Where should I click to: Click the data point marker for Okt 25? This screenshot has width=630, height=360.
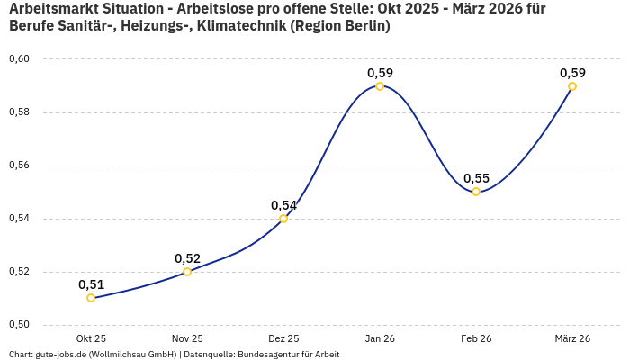click(x=91, y=298)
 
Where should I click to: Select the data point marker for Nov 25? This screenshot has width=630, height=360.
click(x=187, y=272)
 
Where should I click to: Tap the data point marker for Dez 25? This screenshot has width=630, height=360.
click(x=283, y=219)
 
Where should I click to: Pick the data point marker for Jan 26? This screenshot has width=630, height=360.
click(x=380, y=86)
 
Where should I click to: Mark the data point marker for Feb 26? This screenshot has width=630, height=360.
click(x=476, y=192)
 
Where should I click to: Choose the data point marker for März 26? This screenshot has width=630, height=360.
click(x=572, y=86)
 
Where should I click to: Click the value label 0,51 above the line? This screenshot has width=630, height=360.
click(x=91, y=284)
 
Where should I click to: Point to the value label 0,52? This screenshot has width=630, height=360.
click(x=187, y=258)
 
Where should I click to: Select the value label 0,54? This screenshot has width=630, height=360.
click(x=283, y=205)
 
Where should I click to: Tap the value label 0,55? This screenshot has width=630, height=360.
click(x=476, y=178)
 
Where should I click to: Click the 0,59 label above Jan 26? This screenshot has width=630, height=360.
click(x=380, y=73)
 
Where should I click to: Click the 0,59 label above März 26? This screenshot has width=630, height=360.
click(x=572, y=73)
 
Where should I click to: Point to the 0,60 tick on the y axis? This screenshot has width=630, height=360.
click(x=19, y=59)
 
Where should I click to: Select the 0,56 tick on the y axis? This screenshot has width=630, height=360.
click(x=19, y=166)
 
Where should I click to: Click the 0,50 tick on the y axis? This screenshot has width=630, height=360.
click(x=19, y=325)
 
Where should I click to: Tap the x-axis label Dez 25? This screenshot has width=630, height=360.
click(x=283, y=338)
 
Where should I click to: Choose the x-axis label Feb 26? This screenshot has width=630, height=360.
click(x=476, y=338)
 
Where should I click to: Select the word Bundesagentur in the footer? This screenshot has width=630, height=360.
click(x=265, y=355)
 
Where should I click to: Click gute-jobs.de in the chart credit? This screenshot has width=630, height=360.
click(x=60, y=355)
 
